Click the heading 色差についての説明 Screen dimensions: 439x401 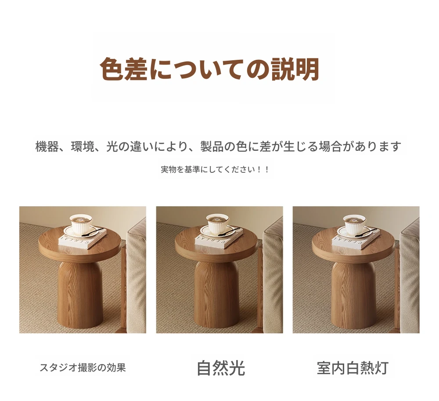point(209,69)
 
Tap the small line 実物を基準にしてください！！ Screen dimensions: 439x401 point(215,169)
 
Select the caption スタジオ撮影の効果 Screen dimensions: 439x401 point(83,367)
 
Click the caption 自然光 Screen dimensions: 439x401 point(221,368)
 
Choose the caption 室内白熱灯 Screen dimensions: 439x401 point(353,368)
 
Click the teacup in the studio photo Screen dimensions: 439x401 point(82,224)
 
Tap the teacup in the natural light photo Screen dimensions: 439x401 point(219,224)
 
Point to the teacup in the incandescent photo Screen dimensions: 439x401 point(355,224)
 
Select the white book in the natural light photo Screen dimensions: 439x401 point(219,238)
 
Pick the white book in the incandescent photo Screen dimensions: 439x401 point(356,238)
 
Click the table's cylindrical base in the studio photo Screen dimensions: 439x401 point(80,295)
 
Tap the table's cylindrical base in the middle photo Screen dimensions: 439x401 point(217,295)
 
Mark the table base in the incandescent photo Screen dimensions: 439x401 point(353,295)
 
